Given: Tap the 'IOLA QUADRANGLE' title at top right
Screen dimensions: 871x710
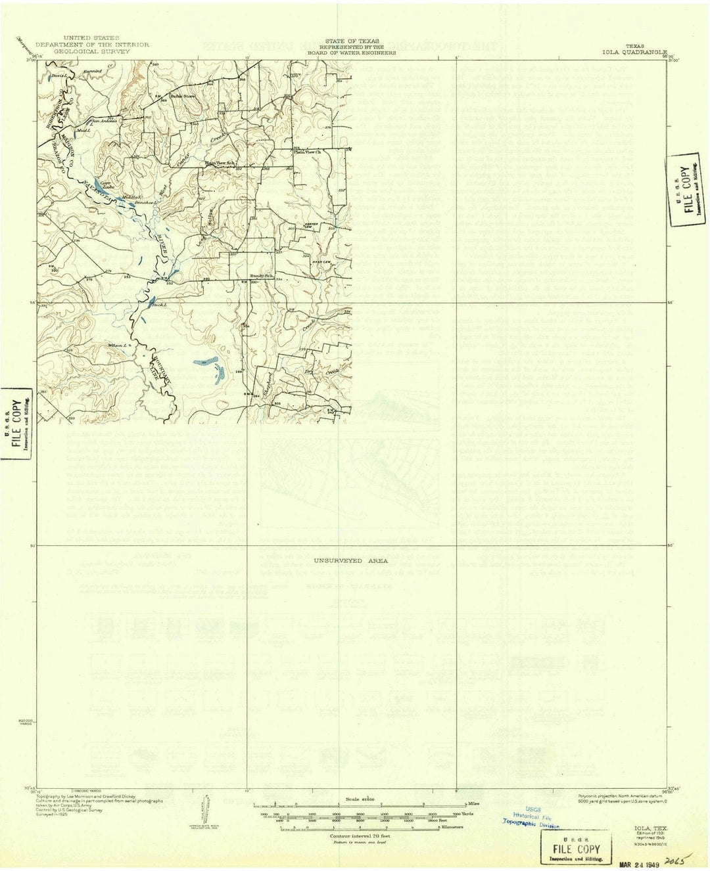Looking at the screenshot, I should point(634,51).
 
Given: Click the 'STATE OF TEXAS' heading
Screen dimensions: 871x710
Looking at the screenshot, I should point(350,40).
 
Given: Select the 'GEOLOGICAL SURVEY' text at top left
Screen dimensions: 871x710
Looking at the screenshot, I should point(91,51).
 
